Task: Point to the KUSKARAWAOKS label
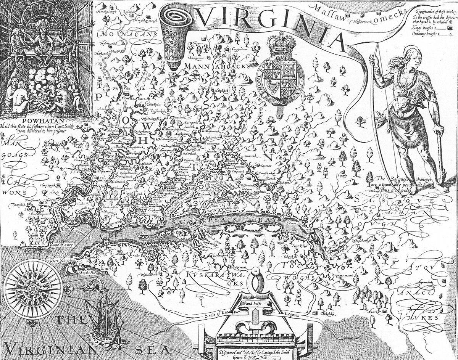(214, 275)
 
